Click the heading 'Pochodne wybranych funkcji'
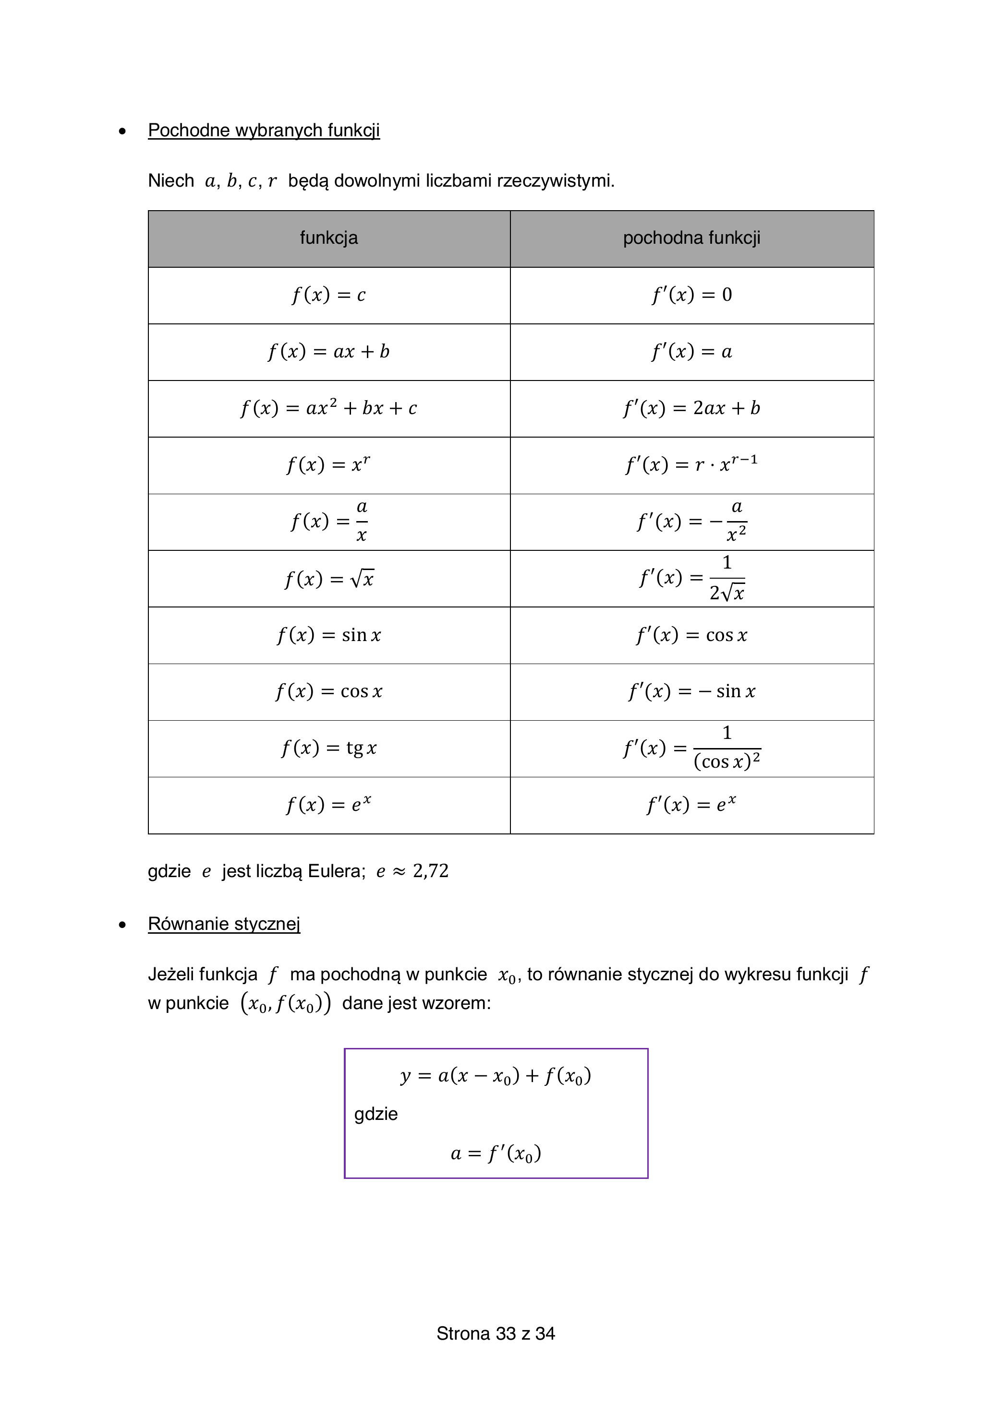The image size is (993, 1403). pos(264,130)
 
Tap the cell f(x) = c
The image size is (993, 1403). pos(329,295)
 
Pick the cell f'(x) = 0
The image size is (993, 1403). pos(691,295)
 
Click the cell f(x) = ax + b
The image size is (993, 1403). pos(329,352)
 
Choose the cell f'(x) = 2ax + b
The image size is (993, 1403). pos(691,408)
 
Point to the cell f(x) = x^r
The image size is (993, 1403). pos(329,465)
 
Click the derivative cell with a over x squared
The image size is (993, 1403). pos(691,522)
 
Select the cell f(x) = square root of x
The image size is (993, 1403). pos(329,579)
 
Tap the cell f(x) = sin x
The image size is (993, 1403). pos(329,635)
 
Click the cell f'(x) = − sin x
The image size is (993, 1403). pos(691,692)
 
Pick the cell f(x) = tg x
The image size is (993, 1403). pos(329,749)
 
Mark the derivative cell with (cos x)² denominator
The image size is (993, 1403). pos(691,749)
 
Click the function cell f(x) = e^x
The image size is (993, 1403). pos(329,805)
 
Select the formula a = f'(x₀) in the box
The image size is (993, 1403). pos(496,1153)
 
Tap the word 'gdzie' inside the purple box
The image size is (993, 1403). pos(376,1114)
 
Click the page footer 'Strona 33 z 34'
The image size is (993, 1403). pos(496,1333)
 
